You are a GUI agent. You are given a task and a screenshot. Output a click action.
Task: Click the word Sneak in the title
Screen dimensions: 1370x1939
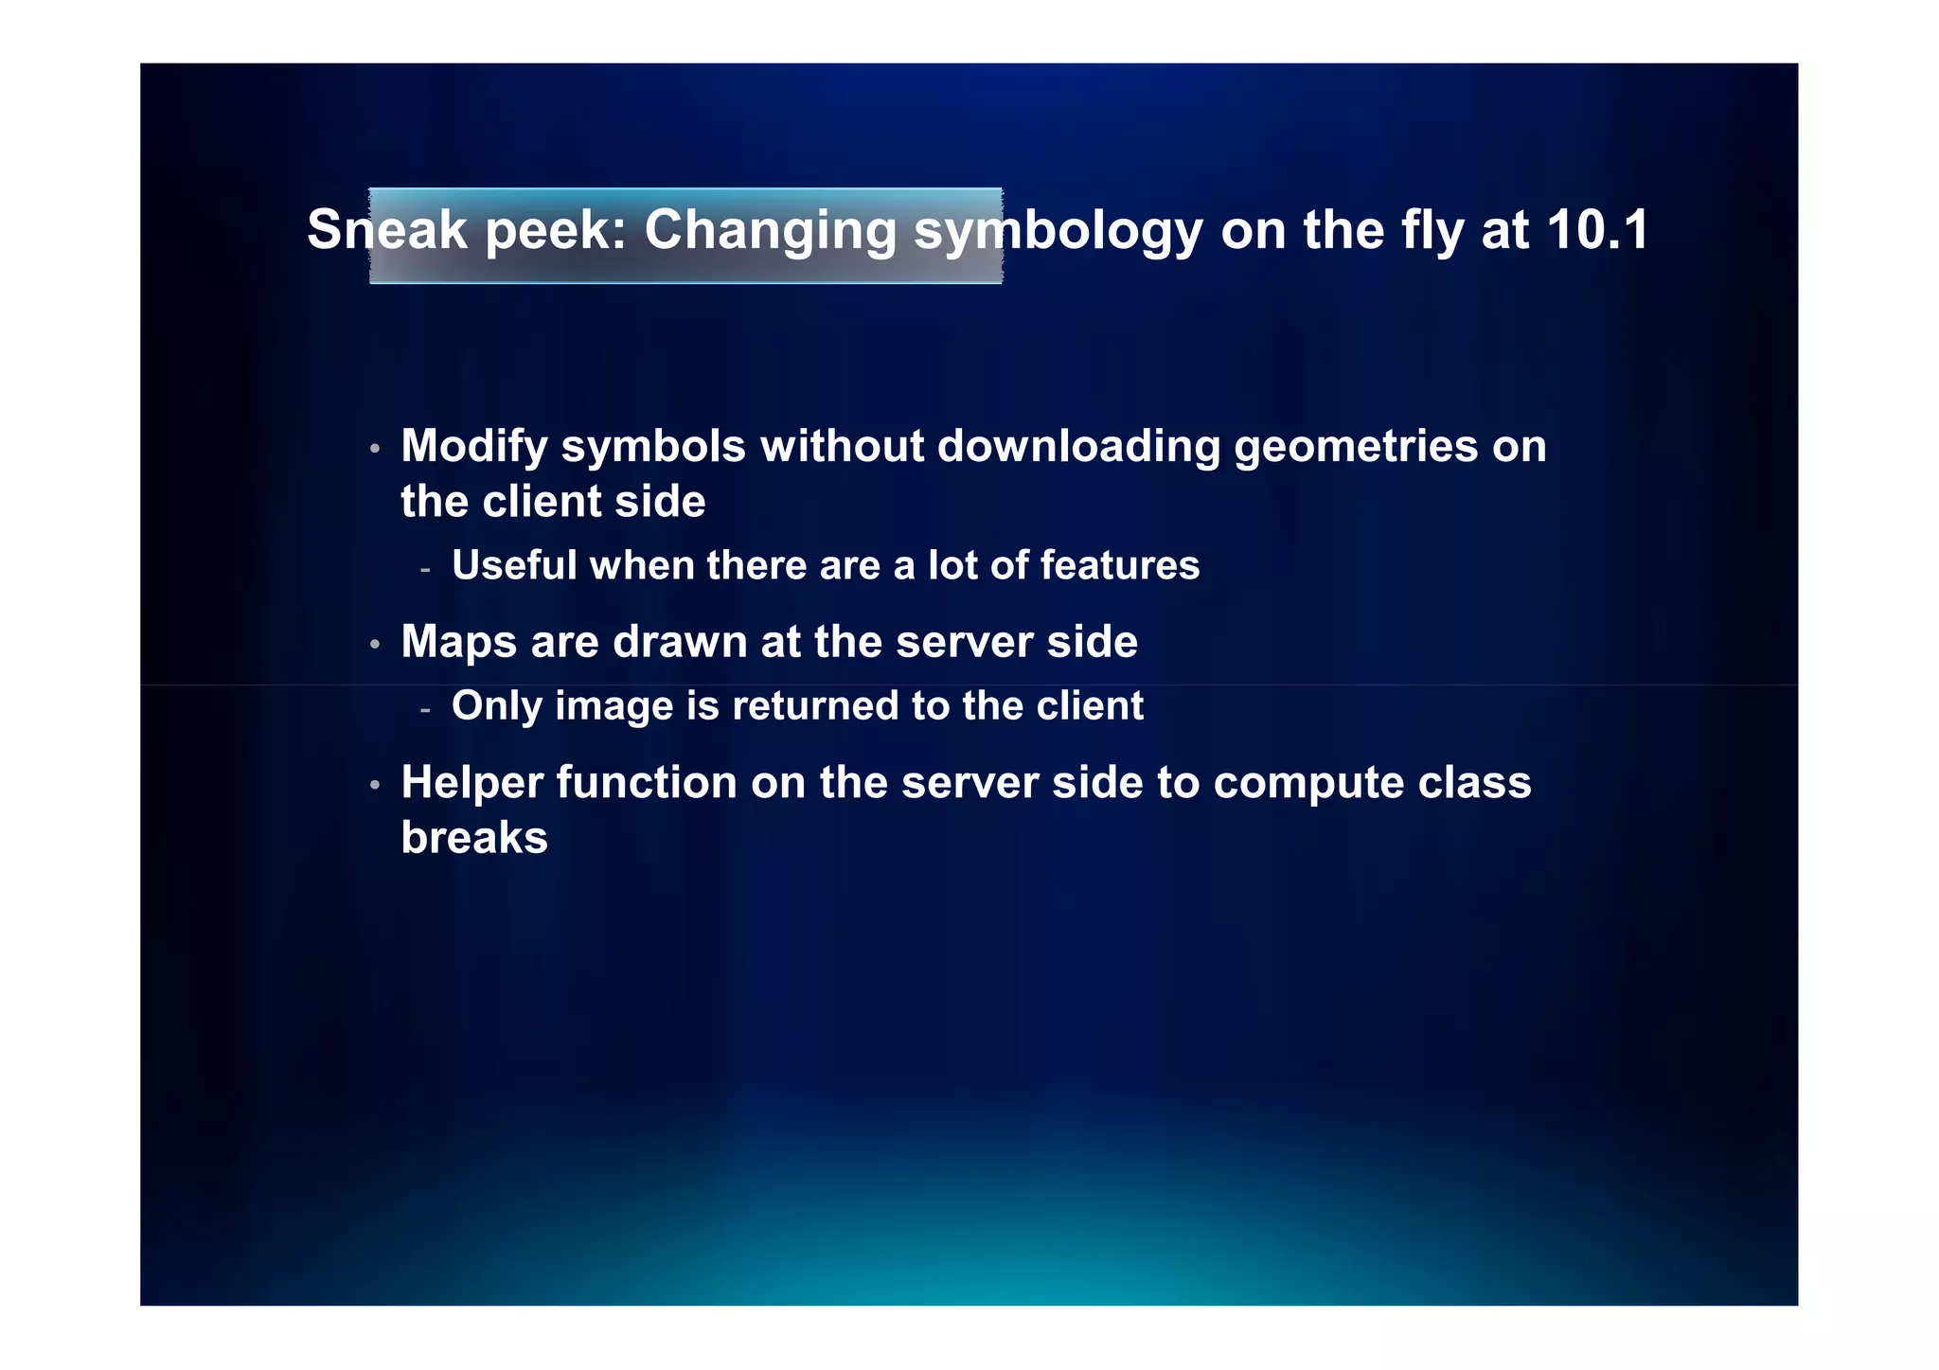click(x=387, y=230)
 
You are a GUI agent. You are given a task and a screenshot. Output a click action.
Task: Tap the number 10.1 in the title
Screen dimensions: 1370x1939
click(x=1598, y=230)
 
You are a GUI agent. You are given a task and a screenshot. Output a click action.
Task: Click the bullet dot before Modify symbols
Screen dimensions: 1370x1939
click(x=375, y=449)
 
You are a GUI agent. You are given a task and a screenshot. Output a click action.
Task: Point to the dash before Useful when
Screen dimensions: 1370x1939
click(x=425, y=570)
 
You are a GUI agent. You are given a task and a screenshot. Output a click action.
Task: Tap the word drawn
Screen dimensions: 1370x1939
click(x=680, y=643)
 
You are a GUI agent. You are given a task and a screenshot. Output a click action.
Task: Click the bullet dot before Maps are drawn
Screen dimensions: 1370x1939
click(x=375, y=645)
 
